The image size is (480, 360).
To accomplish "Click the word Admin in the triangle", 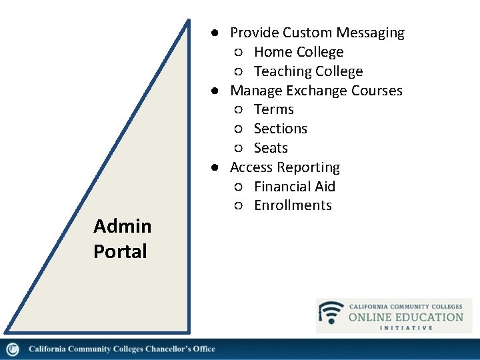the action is coord(123,227).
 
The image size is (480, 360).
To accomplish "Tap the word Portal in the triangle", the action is coord(120,251).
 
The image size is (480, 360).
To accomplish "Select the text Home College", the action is coord(299,52).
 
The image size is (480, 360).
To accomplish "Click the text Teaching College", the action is coord(308,71).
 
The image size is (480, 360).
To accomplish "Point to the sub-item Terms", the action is coord(274,109).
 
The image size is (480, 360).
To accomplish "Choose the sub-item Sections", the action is coord(281,129).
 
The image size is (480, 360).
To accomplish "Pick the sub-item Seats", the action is coord(271,148).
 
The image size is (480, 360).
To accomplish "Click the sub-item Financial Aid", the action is coord(295,187).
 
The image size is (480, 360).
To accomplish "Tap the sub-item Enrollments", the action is coord(293,205).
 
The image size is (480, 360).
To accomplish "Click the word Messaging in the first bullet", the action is coord(370,33).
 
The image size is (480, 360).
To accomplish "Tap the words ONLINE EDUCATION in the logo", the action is coord(405,317).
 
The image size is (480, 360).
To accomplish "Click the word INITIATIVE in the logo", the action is coord(406,328).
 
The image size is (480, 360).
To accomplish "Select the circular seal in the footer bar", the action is coord(13,349).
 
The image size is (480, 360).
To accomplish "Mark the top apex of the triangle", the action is coord(188,21).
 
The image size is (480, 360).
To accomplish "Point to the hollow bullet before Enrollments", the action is coord(238,206).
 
